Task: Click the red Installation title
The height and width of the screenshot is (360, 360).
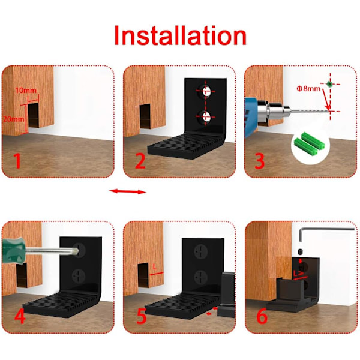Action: [180, 35]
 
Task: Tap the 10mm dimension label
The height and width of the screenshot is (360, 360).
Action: [26, 91]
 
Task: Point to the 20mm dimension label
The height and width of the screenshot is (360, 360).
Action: [13, 119]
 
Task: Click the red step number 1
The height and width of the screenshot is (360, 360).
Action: [17, 161]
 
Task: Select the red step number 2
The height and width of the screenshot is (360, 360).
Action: [140, 161]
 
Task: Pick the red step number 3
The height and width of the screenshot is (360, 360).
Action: [260, 161]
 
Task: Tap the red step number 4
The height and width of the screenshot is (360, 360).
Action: [20, 316]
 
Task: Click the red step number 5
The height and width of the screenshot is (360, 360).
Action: [142, 316]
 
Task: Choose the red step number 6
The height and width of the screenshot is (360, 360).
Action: [262, 316]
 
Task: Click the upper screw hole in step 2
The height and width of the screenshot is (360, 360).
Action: [205, 91]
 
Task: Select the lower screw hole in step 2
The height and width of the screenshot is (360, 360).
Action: [205, 117]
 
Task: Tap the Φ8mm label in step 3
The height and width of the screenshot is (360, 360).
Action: [308, 89]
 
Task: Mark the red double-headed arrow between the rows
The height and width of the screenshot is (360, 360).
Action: [128, 191]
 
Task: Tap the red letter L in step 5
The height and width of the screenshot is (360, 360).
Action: [155, 267]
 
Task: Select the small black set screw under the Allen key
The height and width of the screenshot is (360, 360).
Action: [301, 252]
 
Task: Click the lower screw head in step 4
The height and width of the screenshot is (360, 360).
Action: [79, 276]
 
